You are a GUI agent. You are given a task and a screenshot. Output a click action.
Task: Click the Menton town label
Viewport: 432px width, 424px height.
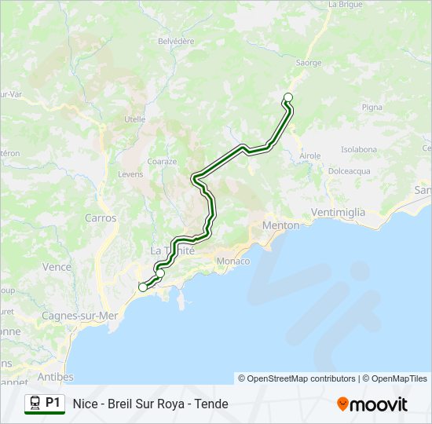click(280, 225)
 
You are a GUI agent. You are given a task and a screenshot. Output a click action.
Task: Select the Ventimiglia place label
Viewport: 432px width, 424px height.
click(339, 212)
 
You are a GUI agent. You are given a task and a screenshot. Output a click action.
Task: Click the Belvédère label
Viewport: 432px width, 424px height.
click(176, 41)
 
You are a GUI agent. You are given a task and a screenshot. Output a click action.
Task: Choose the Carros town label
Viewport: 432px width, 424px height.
click(101, 218)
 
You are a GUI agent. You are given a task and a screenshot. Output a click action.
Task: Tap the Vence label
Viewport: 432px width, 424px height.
click(57, 267)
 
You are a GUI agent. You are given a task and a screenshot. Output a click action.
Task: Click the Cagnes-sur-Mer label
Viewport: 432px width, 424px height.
click(79, 316)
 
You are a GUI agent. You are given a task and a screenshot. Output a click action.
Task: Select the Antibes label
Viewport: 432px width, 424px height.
click(55, 377)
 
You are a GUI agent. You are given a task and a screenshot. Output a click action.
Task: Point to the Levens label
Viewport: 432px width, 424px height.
click(130, 174)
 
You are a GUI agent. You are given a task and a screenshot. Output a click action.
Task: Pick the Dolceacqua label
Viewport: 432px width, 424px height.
click(350, 170)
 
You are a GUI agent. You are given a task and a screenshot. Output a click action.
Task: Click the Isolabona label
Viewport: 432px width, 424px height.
click(359, 149)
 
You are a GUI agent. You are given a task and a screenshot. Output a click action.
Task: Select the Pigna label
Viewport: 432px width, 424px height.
click(372, 107)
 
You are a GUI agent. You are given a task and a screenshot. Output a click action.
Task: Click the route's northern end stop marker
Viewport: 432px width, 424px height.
click(288, 97)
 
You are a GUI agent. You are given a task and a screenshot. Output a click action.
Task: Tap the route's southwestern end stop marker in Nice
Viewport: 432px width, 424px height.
click(143, 287)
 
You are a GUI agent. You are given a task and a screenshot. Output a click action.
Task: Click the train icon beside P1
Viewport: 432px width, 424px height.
click(35, 403)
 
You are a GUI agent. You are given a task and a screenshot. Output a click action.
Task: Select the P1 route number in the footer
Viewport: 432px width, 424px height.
click(53, 403)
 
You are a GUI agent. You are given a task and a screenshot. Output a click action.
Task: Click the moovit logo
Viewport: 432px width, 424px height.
click(372, 404)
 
